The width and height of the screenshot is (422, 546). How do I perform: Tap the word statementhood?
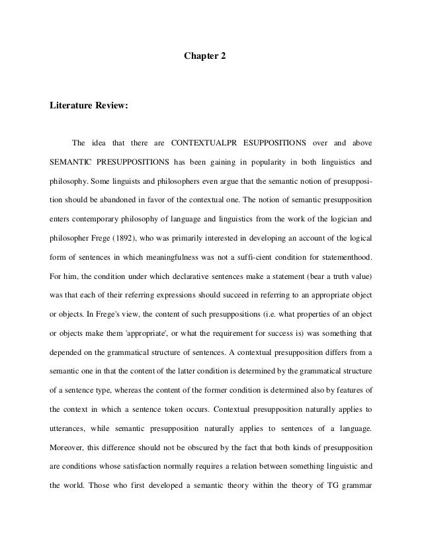click(344, 254)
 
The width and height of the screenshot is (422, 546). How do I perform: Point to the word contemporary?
click(91, 217)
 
